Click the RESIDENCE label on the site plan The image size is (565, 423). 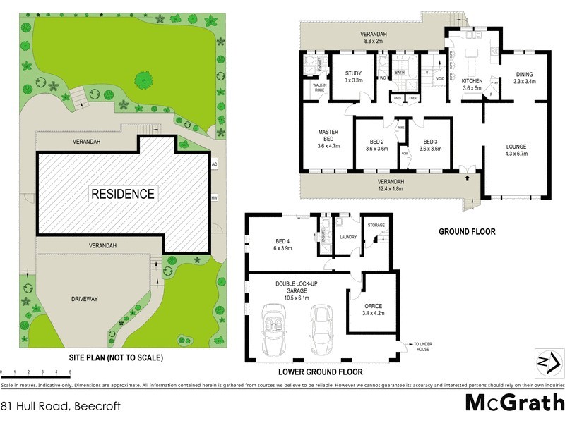coord(122,193)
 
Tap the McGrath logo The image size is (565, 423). coord(514,403)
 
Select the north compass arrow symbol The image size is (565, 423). coord(549,362)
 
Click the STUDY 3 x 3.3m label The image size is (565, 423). coord(353,77)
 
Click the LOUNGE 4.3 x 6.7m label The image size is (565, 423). coord(516,150)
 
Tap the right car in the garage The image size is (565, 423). coord(321,329)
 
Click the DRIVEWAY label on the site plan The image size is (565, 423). coord(85,299)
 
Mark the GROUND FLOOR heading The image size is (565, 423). coord(467,231)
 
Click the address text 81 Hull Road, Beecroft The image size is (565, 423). coord(61,406)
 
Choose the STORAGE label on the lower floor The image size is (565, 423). coord(376,226)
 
